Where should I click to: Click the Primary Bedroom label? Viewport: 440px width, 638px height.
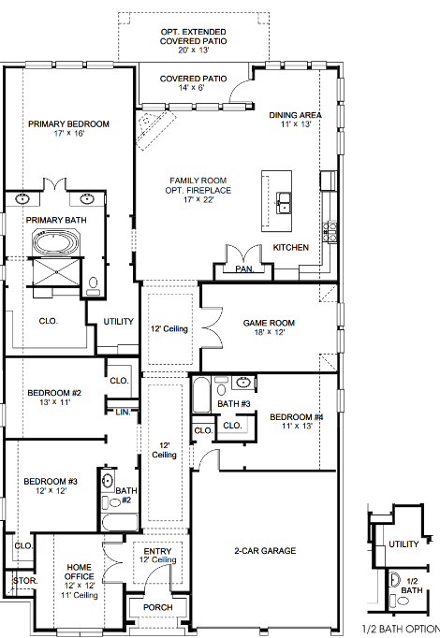[x=68, y=123]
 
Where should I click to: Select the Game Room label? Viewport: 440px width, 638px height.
[x=269, y=323]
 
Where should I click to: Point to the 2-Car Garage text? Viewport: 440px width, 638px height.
[x=266, y=550]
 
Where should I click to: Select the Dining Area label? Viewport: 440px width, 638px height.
[x=295, y=115]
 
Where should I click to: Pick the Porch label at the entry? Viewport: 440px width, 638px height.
[x=157, y=607]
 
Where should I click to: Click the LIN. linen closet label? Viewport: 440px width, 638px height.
[x=122, y=412]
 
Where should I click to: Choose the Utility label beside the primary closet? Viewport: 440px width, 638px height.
[x=119, y=321]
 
